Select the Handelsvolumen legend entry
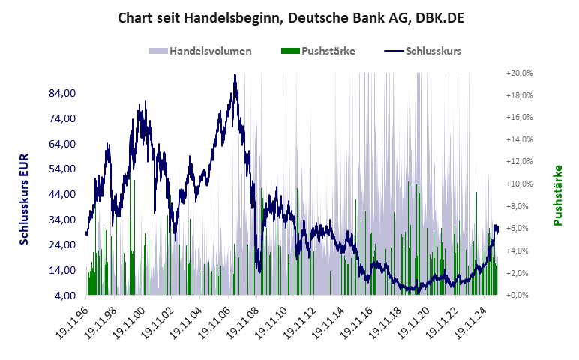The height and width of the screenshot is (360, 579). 200,52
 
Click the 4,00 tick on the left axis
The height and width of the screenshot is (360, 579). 67,295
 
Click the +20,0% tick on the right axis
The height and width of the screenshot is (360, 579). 519,73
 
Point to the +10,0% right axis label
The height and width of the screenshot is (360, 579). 519,184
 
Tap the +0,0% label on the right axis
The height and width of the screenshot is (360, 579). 519,295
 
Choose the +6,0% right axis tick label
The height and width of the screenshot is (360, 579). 519,228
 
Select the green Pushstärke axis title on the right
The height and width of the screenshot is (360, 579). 557,195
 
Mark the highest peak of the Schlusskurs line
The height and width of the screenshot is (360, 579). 235,74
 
